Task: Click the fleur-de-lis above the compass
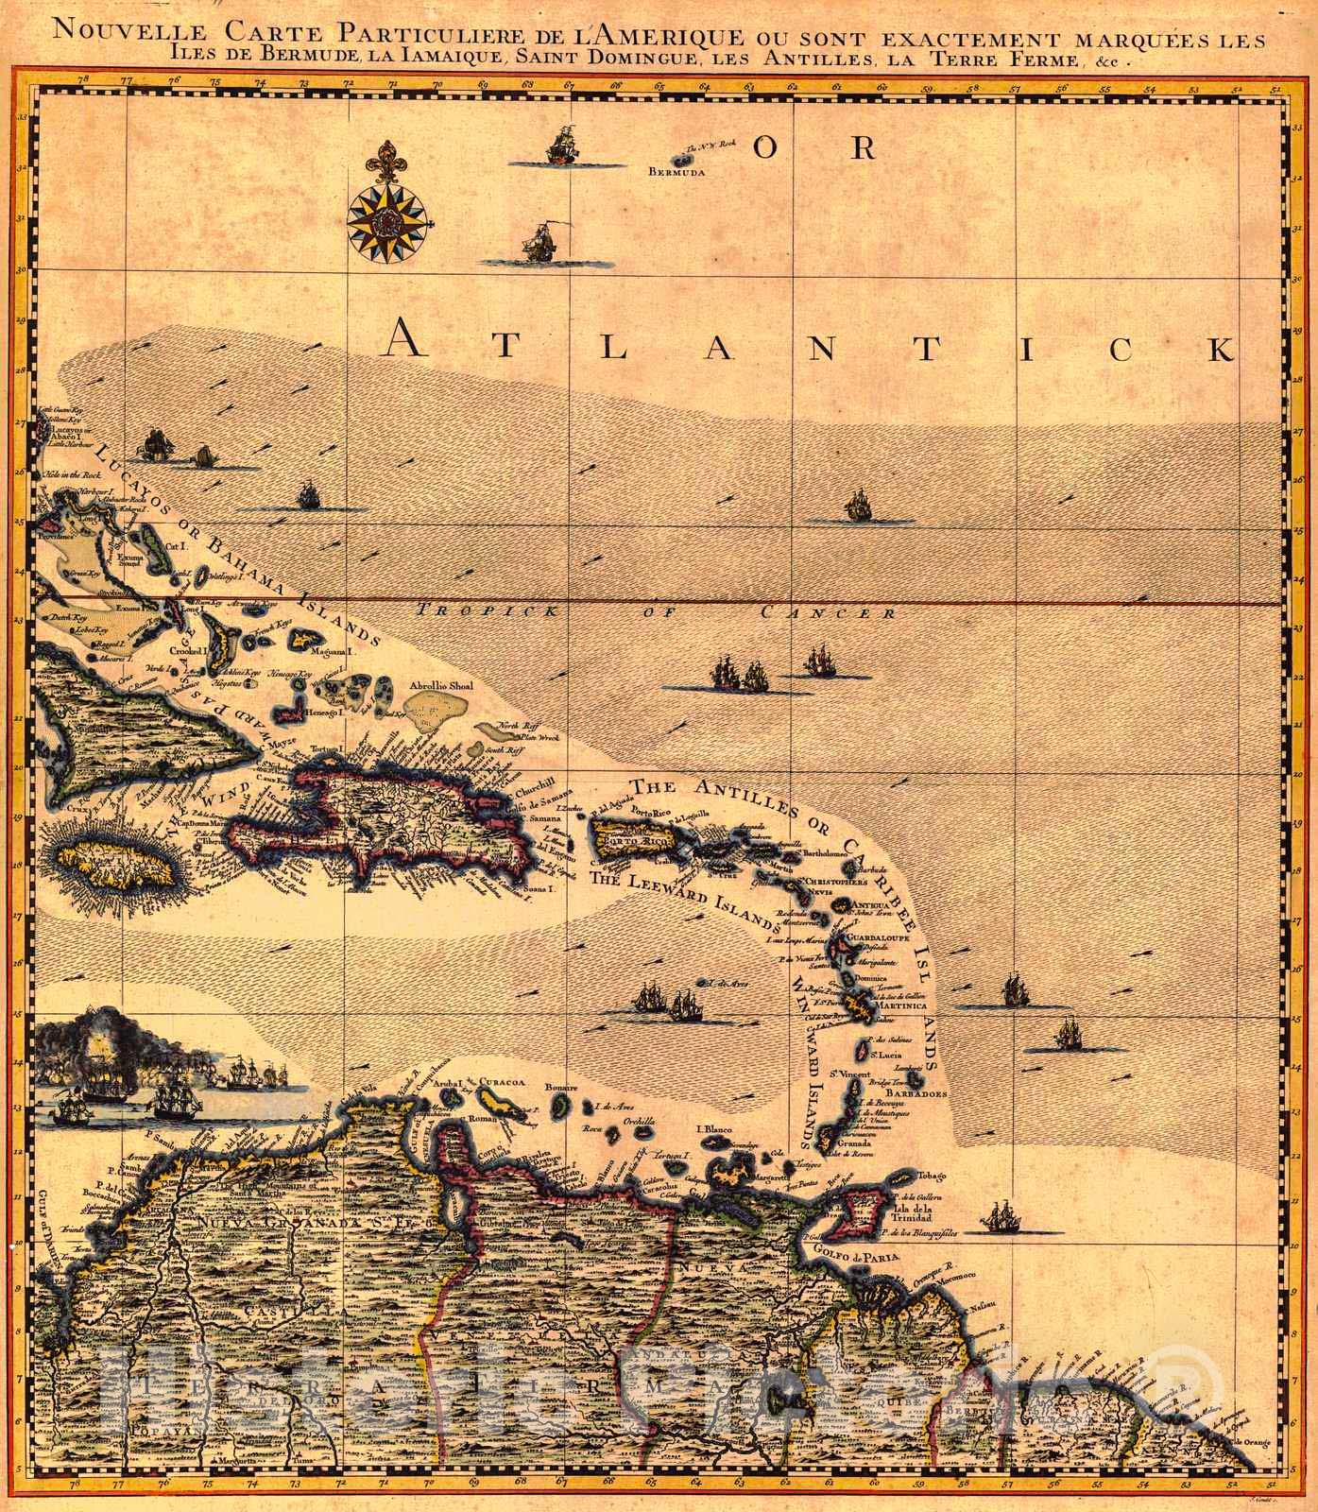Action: click(x=385, y=162)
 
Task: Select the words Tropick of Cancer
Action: click(x=656, y=612)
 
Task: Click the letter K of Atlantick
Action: click(x=1220, y=350)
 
